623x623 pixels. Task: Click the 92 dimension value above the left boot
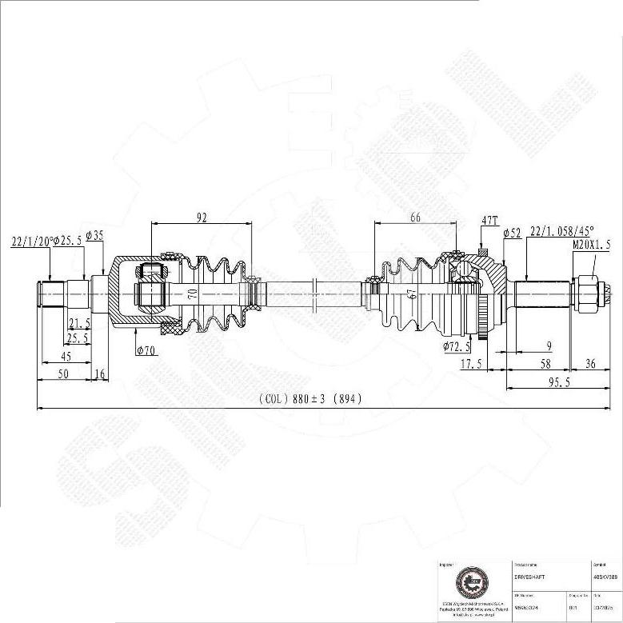[x=201, y=216]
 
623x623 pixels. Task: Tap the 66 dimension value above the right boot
[x=414, y=217]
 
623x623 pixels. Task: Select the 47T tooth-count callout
[x=489, y=219]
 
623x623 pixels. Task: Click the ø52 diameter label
[x=512, y=233]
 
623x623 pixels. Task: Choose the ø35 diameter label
[x=94, y=235]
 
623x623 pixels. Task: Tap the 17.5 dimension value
[x=471, y=364]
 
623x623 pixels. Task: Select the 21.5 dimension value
[x=78, y=322]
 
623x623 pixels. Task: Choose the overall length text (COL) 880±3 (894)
[x=310, y=399]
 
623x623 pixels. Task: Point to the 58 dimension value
[x=522, y=364]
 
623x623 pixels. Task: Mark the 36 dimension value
[x=591, y=364]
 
